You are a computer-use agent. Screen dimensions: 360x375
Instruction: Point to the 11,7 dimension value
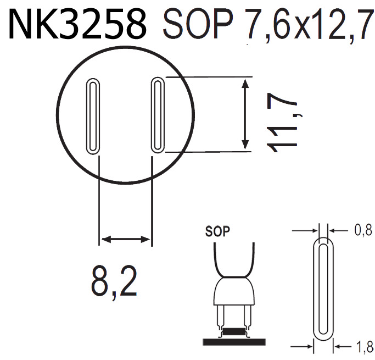coord(283,124)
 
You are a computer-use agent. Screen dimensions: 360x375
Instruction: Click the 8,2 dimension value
coord(114,281)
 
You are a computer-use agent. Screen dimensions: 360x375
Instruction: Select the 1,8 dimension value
coord(363,347)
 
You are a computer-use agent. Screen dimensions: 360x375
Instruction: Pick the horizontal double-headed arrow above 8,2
coord(125,239)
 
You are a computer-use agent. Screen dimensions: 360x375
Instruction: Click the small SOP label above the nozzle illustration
coord(217,231)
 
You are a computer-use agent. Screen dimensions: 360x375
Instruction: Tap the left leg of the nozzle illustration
coord(221,317)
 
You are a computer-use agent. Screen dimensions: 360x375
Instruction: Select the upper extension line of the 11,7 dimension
coord(209,76)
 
